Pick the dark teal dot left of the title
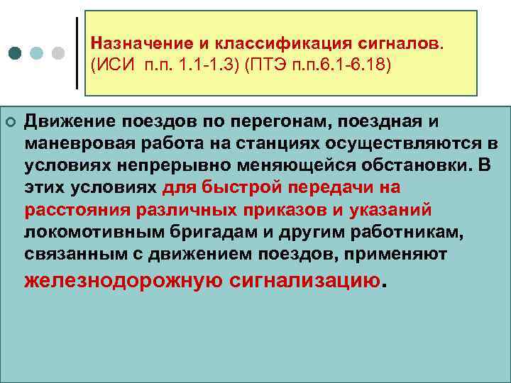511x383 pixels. point(15,53)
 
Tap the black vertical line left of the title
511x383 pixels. point(77,52)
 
